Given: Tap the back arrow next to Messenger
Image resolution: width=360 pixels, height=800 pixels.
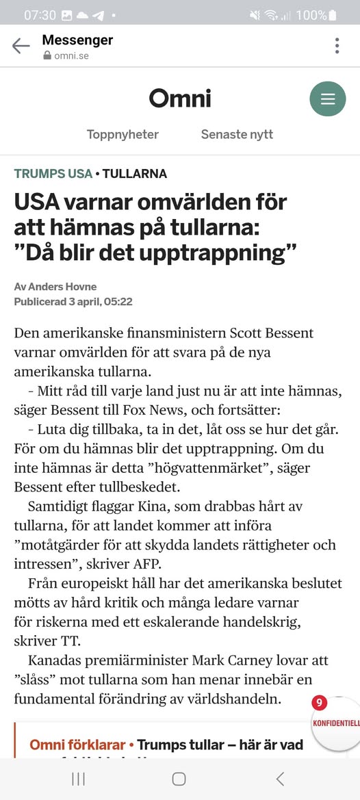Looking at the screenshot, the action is [21, 46].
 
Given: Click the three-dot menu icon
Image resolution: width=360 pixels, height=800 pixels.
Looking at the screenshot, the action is [337, 46].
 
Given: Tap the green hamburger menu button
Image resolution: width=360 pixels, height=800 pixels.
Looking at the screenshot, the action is [328, 99].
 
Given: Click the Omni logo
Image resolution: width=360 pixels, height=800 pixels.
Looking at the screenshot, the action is [180, 99].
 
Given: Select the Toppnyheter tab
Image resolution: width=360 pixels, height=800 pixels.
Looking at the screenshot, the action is [123, 134].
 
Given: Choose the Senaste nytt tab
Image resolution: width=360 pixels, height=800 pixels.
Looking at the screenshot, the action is [237, 134].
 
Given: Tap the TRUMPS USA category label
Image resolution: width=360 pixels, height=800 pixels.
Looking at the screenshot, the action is [53, 174].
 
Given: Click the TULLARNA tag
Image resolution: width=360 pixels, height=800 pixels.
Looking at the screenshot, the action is [135, 174].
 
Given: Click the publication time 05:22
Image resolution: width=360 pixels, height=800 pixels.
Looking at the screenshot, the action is [118, 301].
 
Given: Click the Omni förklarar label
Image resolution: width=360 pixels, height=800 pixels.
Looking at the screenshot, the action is [77, 745].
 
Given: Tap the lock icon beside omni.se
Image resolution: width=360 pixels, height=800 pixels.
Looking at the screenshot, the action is [47, 56].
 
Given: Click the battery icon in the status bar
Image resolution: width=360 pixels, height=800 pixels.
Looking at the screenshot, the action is [333, 14].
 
